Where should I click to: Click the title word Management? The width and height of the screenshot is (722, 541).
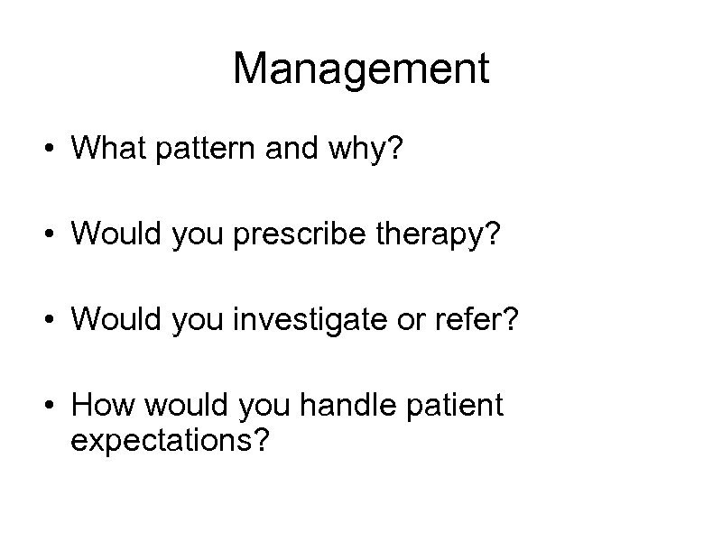pyautogui.click(x=361, y=69)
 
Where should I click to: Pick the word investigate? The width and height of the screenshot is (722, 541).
pyautogui.click(x=289, y=319)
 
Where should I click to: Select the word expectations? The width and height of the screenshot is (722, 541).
pyautogui.click(x=170, y=442)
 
